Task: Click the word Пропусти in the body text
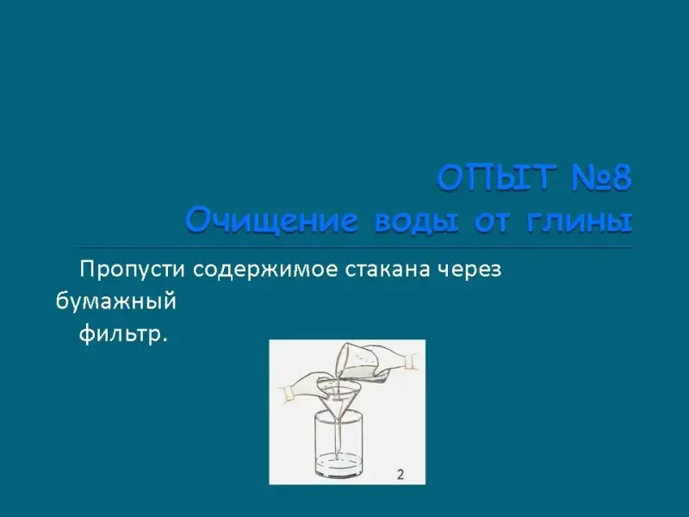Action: pos(132,270)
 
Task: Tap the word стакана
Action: pos(388,270)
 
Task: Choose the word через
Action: pos(469,271)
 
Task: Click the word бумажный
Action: pos(116,301)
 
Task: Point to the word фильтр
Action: pos(123,334)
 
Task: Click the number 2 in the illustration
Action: pos(400,475)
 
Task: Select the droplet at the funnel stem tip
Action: pos(338,458)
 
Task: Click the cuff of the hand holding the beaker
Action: pos(411,361)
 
